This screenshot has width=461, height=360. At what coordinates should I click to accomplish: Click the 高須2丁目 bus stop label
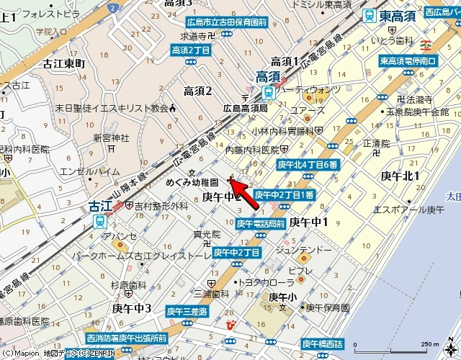point(190,50)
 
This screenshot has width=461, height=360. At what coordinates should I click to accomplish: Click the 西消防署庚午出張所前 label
point(126,338)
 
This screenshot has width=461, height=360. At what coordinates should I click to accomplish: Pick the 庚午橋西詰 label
point(322,343)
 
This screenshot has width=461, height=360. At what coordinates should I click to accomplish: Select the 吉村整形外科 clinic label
point(161,206)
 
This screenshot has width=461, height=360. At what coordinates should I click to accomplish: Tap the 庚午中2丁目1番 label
point(284,194)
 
